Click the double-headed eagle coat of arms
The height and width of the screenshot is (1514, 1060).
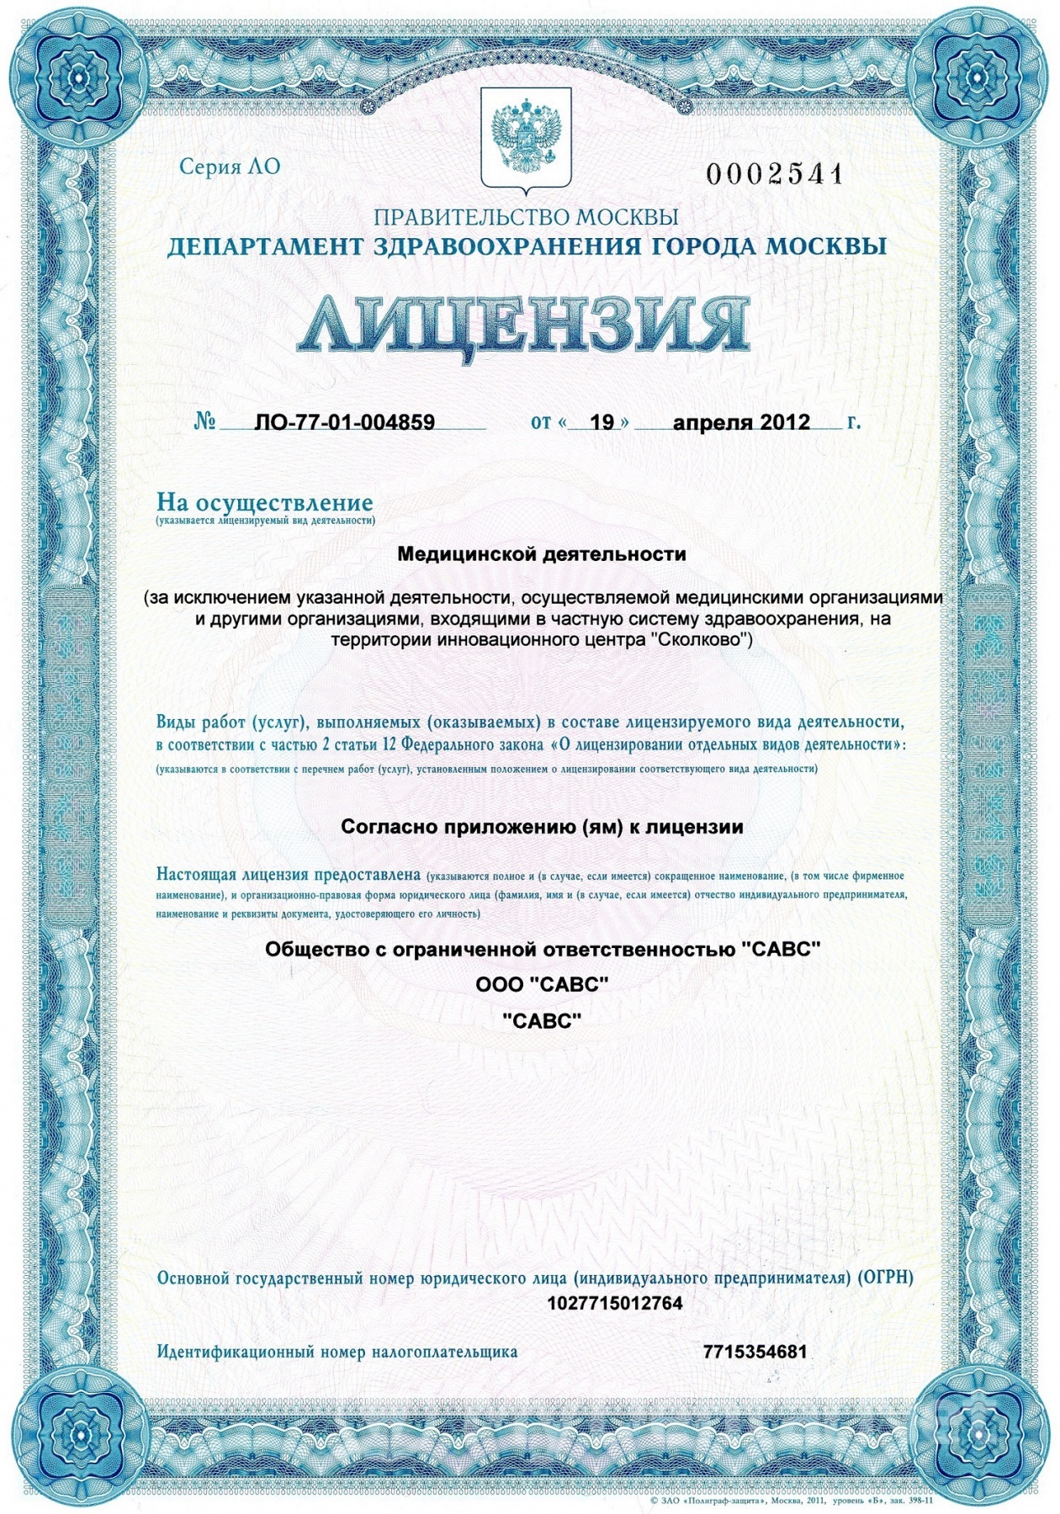[x=526, y=139]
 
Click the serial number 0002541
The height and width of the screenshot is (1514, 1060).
[x=774, y=174]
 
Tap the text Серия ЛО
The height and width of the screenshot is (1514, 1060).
[x=230, y=167]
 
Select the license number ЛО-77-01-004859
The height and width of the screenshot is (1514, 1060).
[x=344, y=422]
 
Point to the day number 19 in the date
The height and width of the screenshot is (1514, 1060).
[x=602, y=422]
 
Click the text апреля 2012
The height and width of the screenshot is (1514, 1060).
[x=741, y=422]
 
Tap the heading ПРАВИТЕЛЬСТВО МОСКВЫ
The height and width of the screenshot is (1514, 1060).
[x=526, y=217]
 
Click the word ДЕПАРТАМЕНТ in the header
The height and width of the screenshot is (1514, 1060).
[x=265, y=247]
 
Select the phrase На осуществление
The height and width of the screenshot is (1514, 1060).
[x=264, y=502]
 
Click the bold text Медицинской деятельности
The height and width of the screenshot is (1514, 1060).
[x=541, y=554]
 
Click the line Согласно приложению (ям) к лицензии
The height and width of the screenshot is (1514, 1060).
[x=542, y=827]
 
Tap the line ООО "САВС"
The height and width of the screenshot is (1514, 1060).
[x=542, y=984]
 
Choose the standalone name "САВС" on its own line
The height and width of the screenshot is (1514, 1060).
[x=542, y=1021]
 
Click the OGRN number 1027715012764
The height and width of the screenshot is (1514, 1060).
[x=614, y=1304]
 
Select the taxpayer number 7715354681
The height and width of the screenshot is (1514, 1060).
[x=755, y=1352]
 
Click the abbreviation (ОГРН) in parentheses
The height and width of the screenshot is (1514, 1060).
[x=885, y=1278]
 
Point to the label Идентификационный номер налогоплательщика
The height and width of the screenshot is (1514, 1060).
[x=337, y=1353]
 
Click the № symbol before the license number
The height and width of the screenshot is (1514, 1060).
[x=205, y=421]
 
